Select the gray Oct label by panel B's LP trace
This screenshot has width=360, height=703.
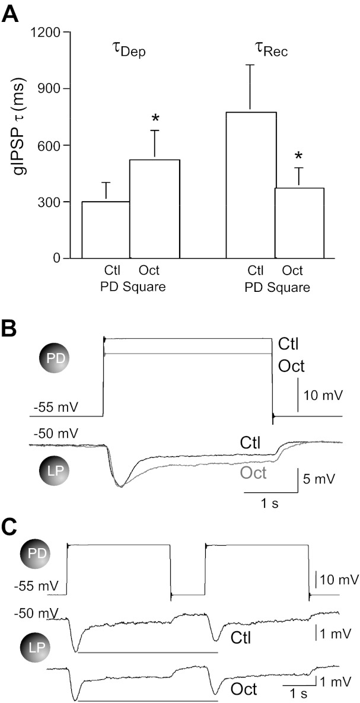(x=253, y=473)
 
